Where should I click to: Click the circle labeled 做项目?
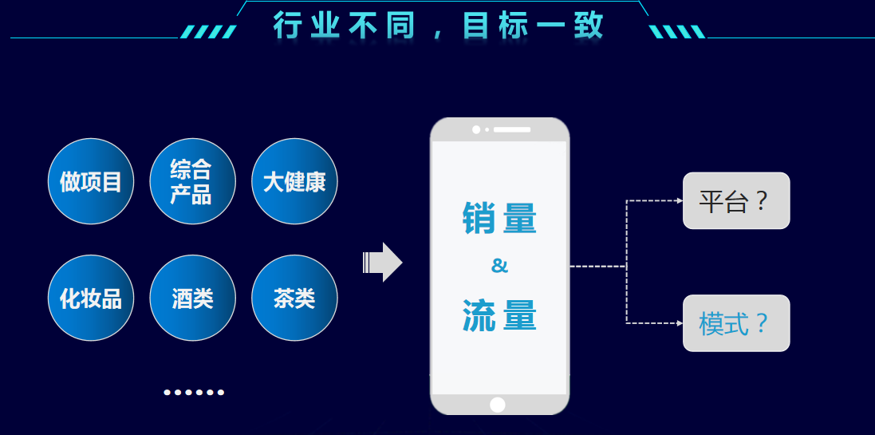point(91,181)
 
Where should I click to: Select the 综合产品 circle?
point(192,181)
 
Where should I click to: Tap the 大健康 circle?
point(294,181)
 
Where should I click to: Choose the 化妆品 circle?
point(91,298)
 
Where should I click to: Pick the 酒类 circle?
point(192,298)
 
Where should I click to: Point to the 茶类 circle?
point(294,298)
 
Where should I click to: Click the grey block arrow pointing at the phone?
point(384,262)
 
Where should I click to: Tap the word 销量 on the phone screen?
point(499,218)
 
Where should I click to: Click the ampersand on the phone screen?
point(499,266)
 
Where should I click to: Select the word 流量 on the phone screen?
point(499,314)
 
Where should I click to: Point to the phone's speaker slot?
point(512,129)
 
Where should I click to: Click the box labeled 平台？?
point(736,200)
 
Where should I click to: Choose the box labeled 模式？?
point(736,323)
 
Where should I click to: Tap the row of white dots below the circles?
point(194,392)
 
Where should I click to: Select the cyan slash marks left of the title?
point(209,32)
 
